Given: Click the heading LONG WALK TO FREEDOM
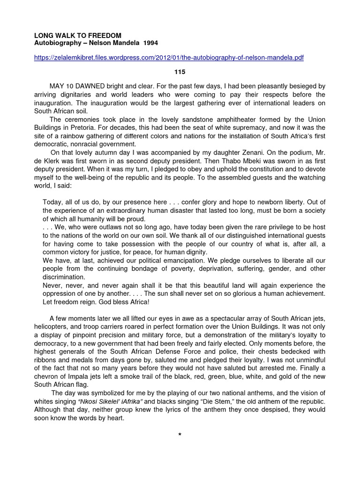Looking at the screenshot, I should pyautogui.click(x=78, y=36).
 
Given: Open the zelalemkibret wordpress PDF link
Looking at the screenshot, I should pyautogui.click(x=169, y=58).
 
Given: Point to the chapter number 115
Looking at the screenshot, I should pyautogui.click(x=180, y=72).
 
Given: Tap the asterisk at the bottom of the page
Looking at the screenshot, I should pyautogui.click(x=180, y=435).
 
